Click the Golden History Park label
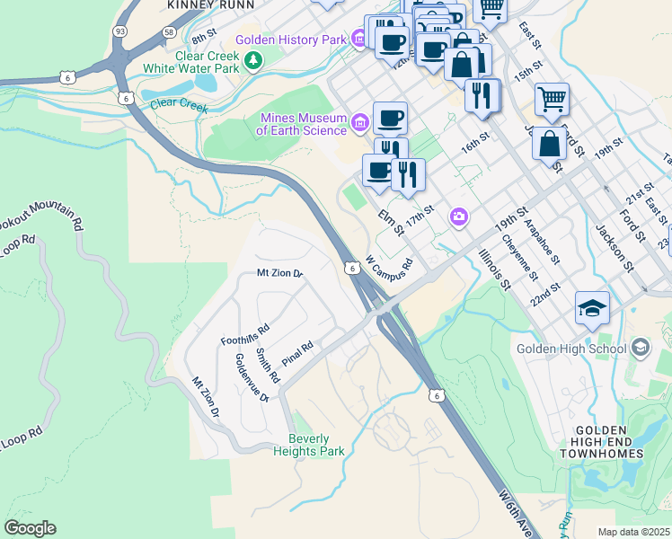(x=290, y=40)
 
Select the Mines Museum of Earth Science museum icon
(x=360, y=121)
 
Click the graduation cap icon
(x=593, y=308)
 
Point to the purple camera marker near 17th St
(x=460, y=217)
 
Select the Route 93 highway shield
(x=119, y=31)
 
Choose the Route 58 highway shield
(x=169, y=31)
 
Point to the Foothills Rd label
(x=245, y=334)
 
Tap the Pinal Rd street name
(x=296, y=352)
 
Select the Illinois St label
(x=494, y=270)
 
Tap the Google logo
(x=30, y=528)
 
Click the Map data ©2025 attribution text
(x=633, y=532)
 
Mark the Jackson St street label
(x=615, y=242)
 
